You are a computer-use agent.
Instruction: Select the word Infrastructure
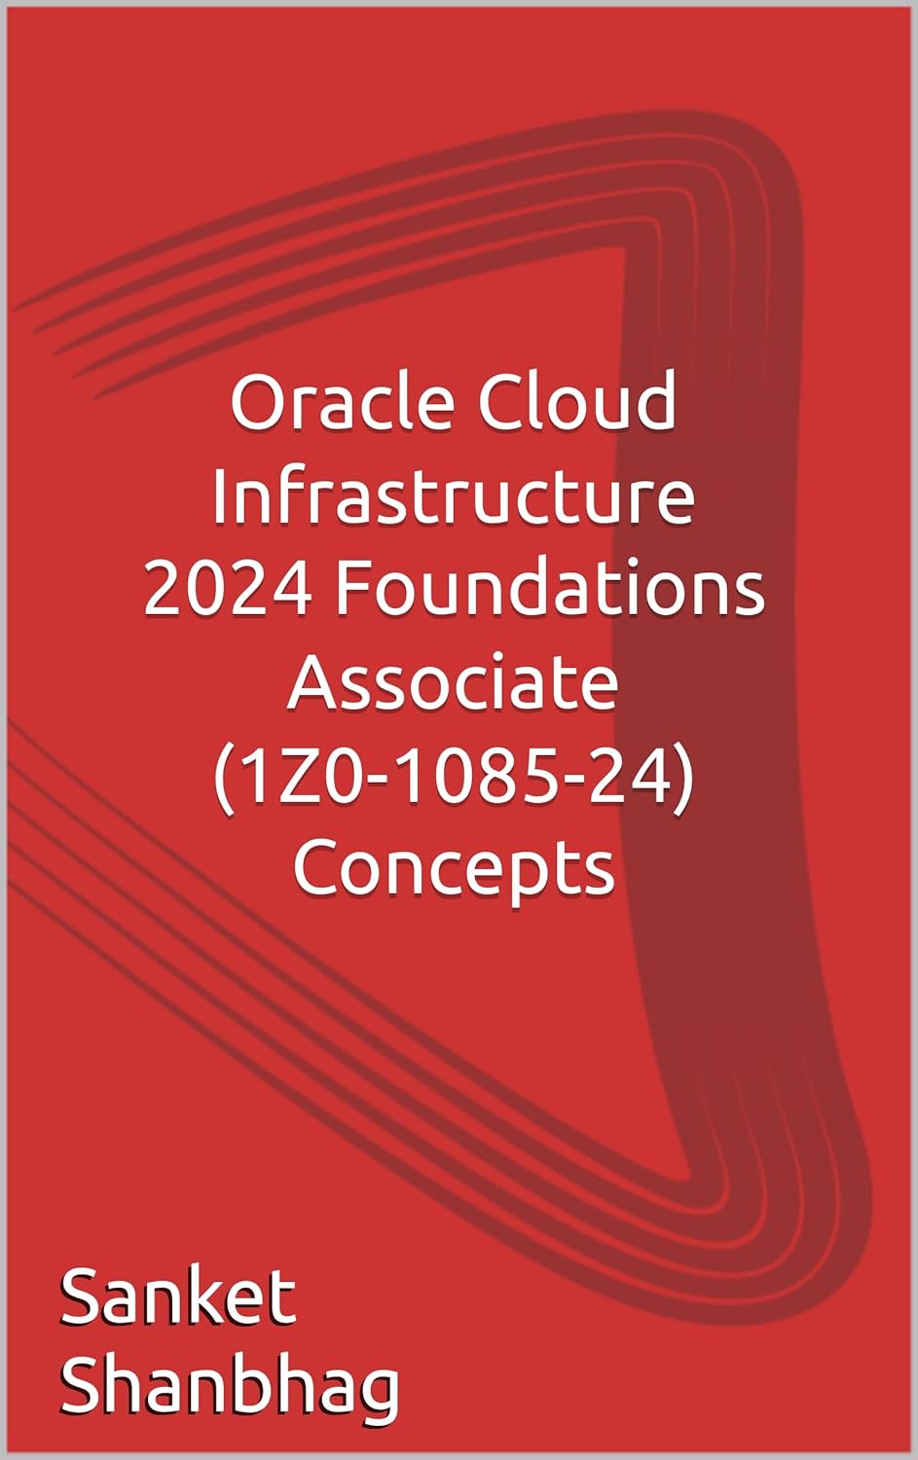(x=454, y=496)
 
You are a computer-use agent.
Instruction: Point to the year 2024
(x=228, y=590)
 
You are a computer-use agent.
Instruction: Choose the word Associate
(x=454, y=682)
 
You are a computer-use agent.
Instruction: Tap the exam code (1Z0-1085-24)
(x=454, y=777)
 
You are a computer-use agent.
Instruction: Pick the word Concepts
(x=454, y=869)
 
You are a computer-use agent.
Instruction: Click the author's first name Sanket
(x=178, y=1297)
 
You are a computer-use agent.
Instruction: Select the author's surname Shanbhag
(x=230, y=1387)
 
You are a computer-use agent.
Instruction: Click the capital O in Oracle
(x=256, y=404)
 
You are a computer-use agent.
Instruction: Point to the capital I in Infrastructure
(x=220, y=496)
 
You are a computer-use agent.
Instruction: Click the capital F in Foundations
(x=352, y=590)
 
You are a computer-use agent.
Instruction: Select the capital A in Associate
(x=314, y=682)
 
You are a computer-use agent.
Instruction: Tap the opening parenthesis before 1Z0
(x=222, y=777)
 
